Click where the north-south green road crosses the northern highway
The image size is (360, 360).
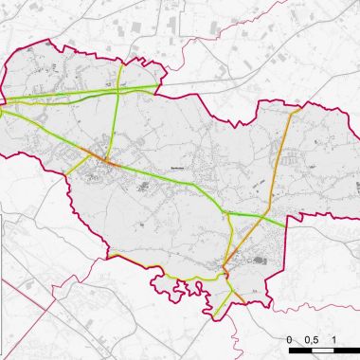[x=118, y=91]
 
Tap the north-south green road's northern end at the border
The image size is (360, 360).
[x=121, y=63]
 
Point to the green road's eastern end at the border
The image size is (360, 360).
[x=284, y=224]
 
